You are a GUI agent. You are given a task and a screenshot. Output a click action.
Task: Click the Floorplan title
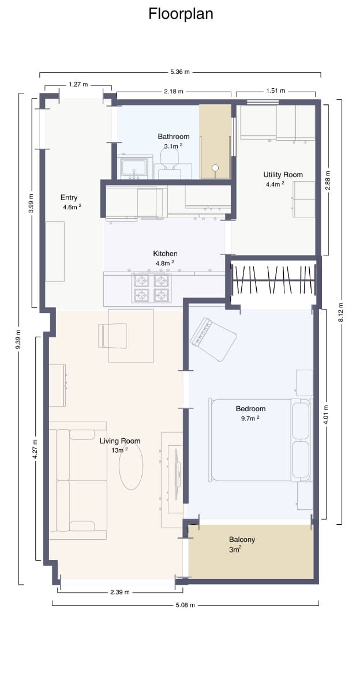tap(181, 14)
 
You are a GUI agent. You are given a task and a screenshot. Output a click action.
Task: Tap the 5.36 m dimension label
tap(180, 72)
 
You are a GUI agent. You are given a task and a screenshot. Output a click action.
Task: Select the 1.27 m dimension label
tap(78, 84)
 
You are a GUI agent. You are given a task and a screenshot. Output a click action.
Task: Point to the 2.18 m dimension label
tap(173, 91)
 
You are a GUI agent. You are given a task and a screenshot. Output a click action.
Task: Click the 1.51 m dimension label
tap(275, 91)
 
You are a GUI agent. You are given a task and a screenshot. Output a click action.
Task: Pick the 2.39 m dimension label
tap(119, 592)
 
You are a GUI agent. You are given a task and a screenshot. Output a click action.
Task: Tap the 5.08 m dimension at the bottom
tap(185, 605)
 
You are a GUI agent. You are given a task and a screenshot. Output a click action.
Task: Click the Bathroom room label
tap(174, 137)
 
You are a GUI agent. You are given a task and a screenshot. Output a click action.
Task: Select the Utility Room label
tap(283, 175)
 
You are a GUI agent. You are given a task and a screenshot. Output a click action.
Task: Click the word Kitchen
tap(165, 254)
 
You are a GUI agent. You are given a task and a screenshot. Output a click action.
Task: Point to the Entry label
tap(69, 198)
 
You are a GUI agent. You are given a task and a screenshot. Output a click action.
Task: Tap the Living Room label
tap(120, 441)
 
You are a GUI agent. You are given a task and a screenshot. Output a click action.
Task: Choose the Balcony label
tap(242, 540)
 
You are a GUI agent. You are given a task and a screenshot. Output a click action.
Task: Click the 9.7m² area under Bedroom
tap(250, 418)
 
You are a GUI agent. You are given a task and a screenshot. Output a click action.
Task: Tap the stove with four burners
tap(152, 288)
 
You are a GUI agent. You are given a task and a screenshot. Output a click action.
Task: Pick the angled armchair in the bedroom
tap(214, 339)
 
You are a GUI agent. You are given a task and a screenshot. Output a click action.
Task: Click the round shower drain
tap(215, 168)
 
